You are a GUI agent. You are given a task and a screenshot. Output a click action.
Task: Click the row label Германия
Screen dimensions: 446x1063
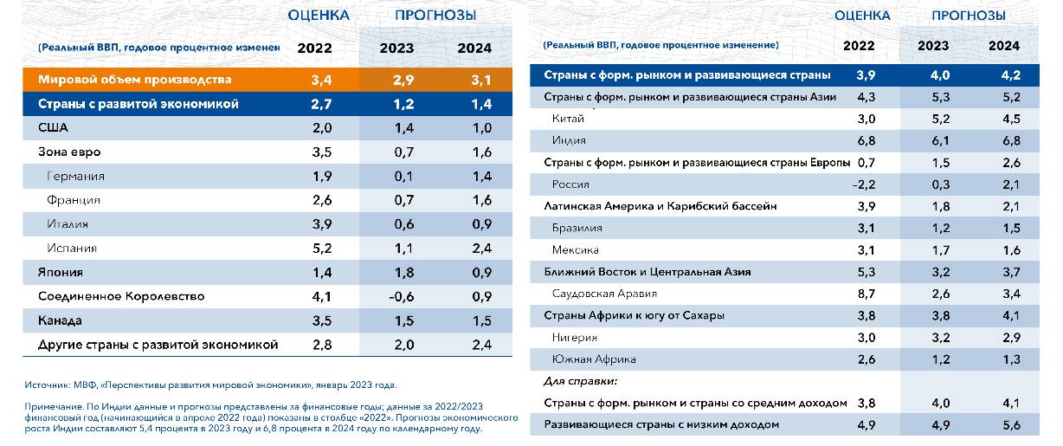coord(75,177)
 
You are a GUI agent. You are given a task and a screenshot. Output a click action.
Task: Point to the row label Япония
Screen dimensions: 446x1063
coord(61,272)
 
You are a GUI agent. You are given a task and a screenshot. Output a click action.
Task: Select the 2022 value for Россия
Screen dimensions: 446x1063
coord(864,184)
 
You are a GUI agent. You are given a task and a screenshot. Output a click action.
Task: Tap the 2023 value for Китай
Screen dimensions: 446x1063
coord(932,119)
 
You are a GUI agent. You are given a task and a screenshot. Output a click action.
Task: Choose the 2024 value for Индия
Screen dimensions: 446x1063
coord(1003,140)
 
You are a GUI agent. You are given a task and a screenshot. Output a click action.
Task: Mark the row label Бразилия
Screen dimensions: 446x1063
coord(577,228)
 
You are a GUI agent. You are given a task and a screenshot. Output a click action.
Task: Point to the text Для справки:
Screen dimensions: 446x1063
coord(579,381)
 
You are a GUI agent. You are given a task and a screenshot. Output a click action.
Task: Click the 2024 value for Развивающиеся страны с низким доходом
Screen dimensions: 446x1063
coord(1003,424)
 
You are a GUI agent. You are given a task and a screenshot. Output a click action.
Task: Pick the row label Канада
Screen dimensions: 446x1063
coord(60,320)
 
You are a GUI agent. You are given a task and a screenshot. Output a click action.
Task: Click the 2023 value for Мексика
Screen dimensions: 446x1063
coord(932,250)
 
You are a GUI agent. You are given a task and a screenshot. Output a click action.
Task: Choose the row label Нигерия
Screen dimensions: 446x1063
coord(575,338)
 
